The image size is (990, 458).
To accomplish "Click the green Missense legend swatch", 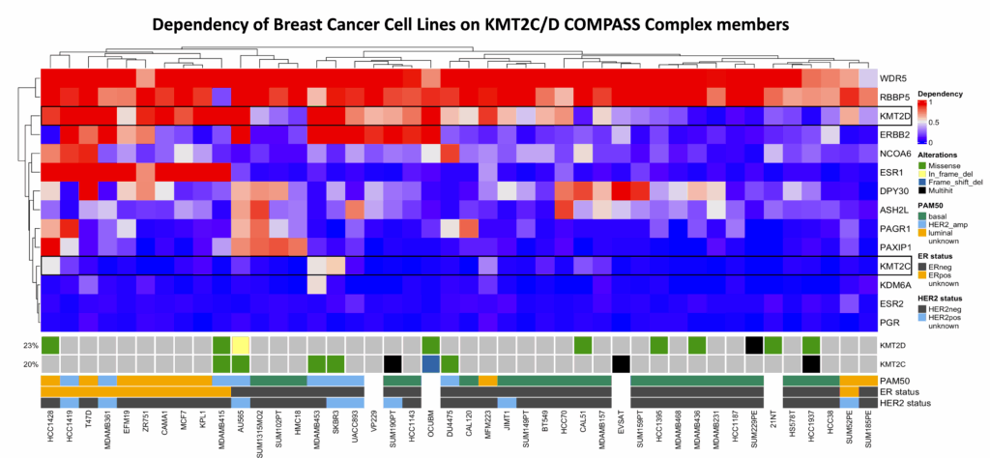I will click(922, 165).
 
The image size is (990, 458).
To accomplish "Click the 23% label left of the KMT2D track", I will click(30, 345).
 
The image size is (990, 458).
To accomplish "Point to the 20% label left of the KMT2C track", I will click(30, 363).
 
